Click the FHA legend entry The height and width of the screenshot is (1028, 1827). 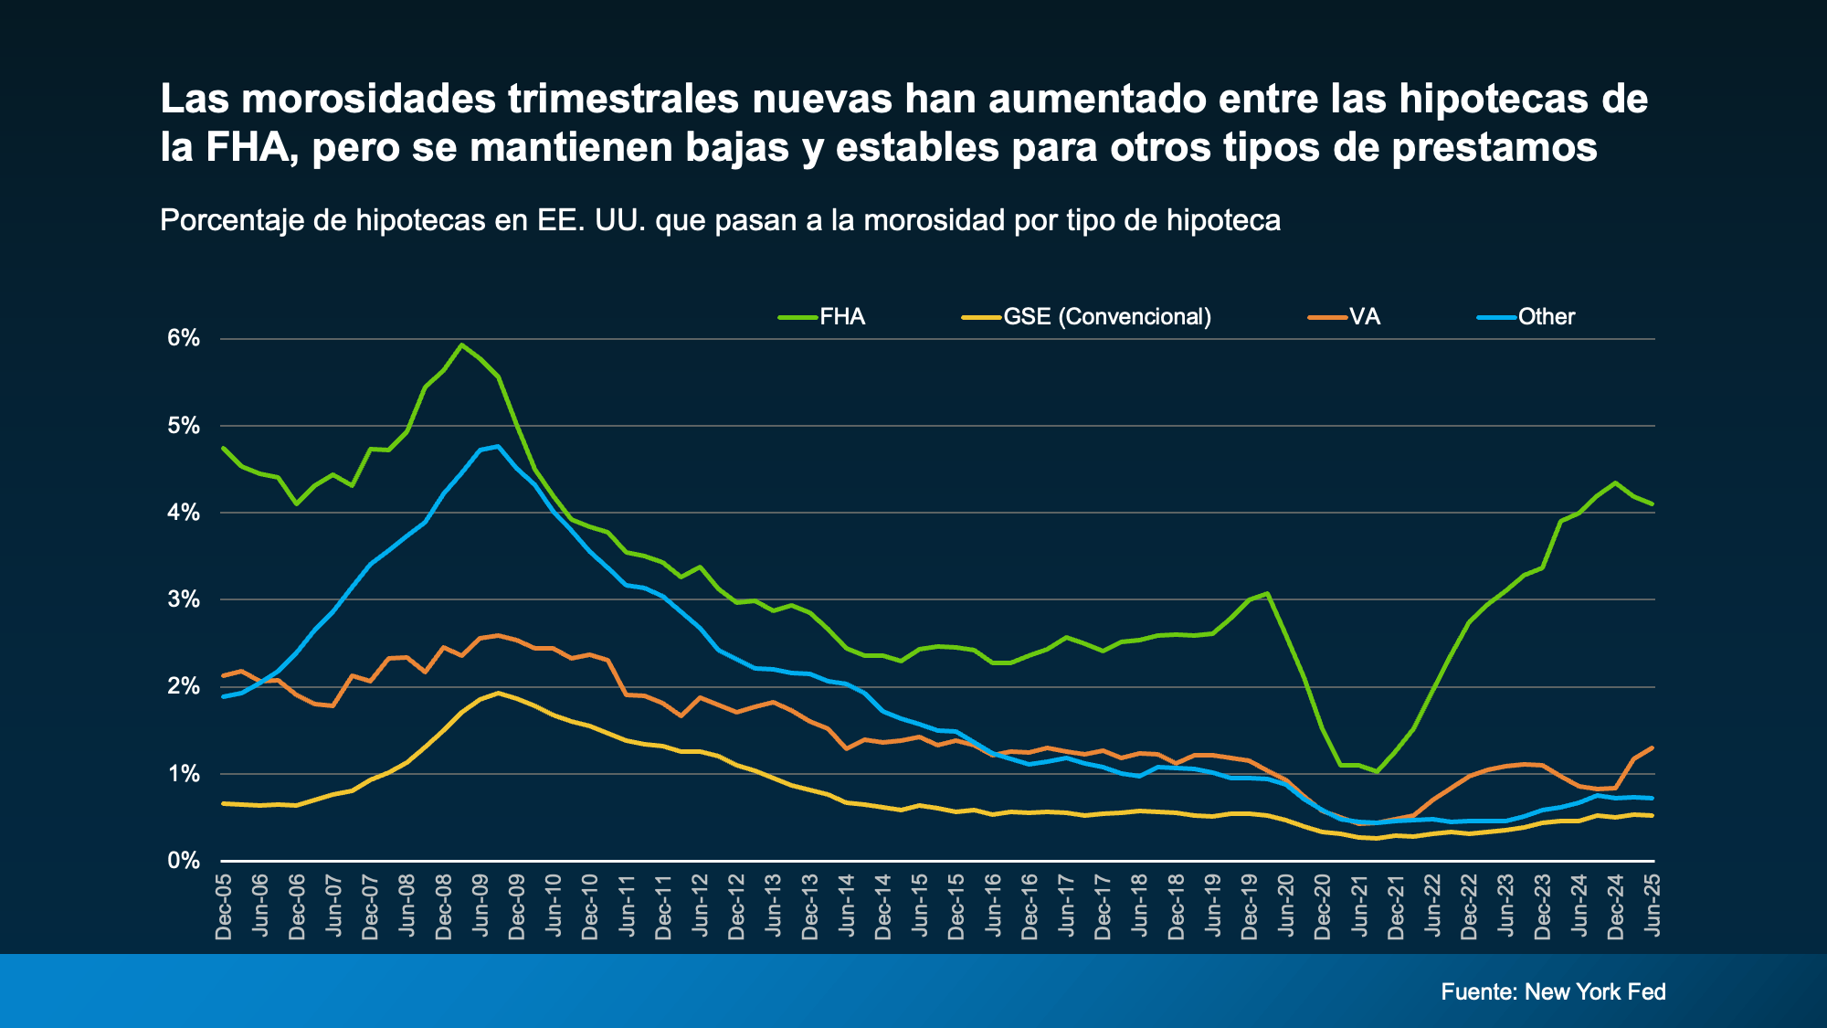point(841,317)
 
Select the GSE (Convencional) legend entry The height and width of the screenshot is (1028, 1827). point(1106,317)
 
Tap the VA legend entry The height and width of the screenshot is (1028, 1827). point(1364,317)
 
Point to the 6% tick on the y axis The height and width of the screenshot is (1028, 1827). point(184,338)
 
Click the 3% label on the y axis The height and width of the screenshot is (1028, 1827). point(184,599)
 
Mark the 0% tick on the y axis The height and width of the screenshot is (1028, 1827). point(184,861)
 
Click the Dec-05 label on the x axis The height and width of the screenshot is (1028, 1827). point(224,906)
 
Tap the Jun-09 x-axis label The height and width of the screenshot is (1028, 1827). point(481,904)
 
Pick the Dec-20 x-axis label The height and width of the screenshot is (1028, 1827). point(1323,906)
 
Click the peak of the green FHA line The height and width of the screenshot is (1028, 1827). point(461,345)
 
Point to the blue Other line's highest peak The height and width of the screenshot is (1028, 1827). point(498,447)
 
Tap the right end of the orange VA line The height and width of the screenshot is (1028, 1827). point(1652,748)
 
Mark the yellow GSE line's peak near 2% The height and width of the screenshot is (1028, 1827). point(498,693)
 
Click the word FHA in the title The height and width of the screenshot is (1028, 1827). point(247,147)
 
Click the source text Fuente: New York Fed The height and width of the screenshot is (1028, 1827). point(1553,991)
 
